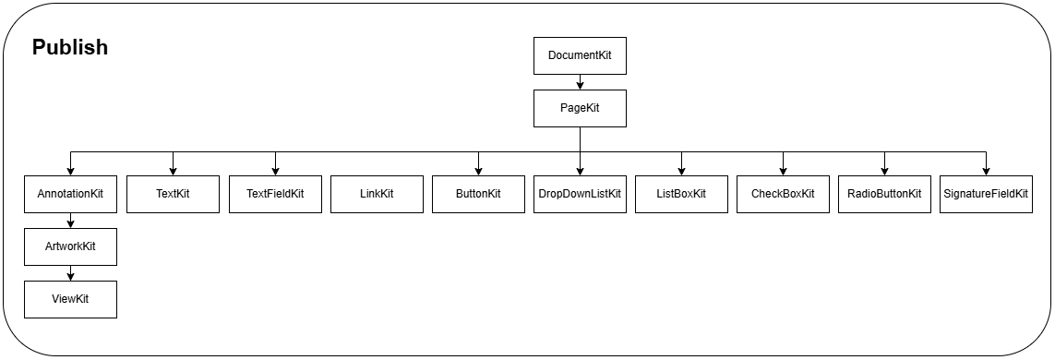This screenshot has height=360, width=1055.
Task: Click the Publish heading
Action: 70,48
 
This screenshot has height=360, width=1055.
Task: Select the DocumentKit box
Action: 580,55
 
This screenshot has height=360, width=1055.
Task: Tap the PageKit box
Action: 580,108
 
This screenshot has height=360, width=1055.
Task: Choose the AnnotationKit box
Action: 70,194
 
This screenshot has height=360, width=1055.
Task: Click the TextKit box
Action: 173,194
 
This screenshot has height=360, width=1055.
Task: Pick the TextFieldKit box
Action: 275,194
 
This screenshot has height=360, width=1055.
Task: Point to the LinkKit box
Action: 377,194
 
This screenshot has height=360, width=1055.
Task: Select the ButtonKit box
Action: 478,194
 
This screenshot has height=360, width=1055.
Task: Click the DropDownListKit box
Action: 580,194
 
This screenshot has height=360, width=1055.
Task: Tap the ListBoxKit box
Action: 681,194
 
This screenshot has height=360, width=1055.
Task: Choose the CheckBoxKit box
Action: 783,194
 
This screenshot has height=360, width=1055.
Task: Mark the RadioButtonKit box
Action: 884,194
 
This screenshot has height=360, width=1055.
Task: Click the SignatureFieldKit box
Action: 986,194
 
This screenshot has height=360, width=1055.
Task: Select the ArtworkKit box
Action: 70,246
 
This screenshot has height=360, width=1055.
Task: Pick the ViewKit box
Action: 70,299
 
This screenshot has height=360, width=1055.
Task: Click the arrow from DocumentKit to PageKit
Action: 580,82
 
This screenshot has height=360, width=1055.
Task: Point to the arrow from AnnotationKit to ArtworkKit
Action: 70,221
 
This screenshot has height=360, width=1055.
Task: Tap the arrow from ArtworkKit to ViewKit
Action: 70,273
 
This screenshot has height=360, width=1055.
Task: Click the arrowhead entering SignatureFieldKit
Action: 986,170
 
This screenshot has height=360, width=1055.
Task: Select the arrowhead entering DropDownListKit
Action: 580,170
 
